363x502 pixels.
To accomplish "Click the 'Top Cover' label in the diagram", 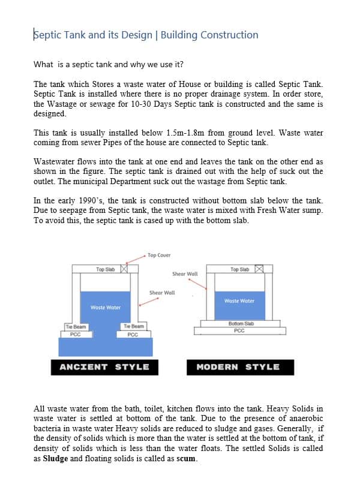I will pyautogui.click(x=159, y=255).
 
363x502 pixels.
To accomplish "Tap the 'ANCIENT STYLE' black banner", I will pyautogui.click(x=104, y=367).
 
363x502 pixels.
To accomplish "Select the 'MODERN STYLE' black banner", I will pyautogui.click(x=238, y=367).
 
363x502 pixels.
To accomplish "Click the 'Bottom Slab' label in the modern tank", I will pyautogui.click(x=241, y=323).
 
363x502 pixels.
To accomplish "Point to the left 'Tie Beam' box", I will pyautogui.click(x=76, y=326).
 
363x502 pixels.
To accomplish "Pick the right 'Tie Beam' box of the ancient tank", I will pyautogui.click(x=133, y=326).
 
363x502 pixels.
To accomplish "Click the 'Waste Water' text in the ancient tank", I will pyautogui.click(x=106, y=308).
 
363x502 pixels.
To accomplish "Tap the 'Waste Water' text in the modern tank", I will pyautogui.click(x=239, y=301).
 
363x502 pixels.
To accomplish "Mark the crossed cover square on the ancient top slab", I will pyautogui.click(x=124, y=269).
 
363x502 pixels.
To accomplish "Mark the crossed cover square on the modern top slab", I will pyautogui.click(x=259, y=269).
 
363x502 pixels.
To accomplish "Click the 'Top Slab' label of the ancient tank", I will pyautogui.click(x=105, y=270).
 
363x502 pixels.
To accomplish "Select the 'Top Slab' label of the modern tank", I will pyautogui.click(x=239, y=269).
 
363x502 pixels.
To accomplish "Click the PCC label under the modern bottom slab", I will pyautogui.click(x=239, y=330).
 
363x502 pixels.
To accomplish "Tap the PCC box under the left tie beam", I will pyautogui.click(x=76, y=334).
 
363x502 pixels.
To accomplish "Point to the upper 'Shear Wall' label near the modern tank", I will pyautogui.click(x=185, y=274).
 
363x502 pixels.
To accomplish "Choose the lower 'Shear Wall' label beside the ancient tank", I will pyautogui.click(x=162, y=293).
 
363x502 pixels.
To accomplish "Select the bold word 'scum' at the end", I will pyautogui.click(x=187, y=459).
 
